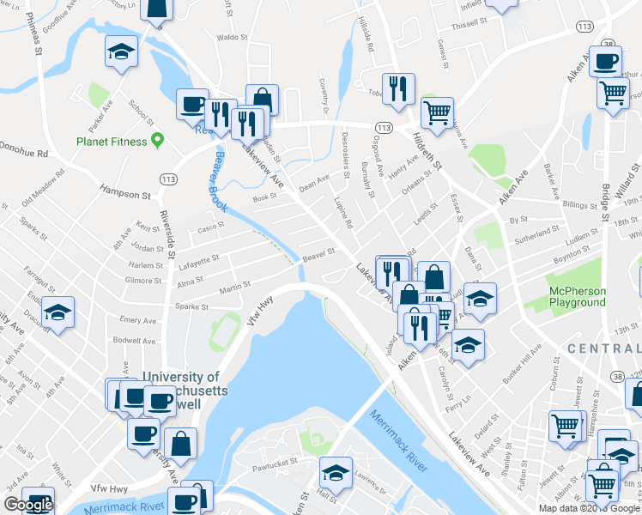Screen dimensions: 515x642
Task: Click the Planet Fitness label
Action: (111, 141)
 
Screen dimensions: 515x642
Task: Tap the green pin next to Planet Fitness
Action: (157, 139)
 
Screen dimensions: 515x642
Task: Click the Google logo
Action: (28, 505)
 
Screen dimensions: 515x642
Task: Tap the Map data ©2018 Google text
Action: (588, 508)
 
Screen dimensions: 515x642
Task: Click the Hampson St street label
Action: (124, 194)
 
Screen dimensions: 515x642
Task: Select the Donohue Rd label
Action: (23, 154)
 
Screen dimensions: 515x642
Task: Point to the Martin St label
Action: (233, 288)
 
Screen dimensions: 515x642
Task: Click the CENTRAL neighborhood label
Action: (604, 348)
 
